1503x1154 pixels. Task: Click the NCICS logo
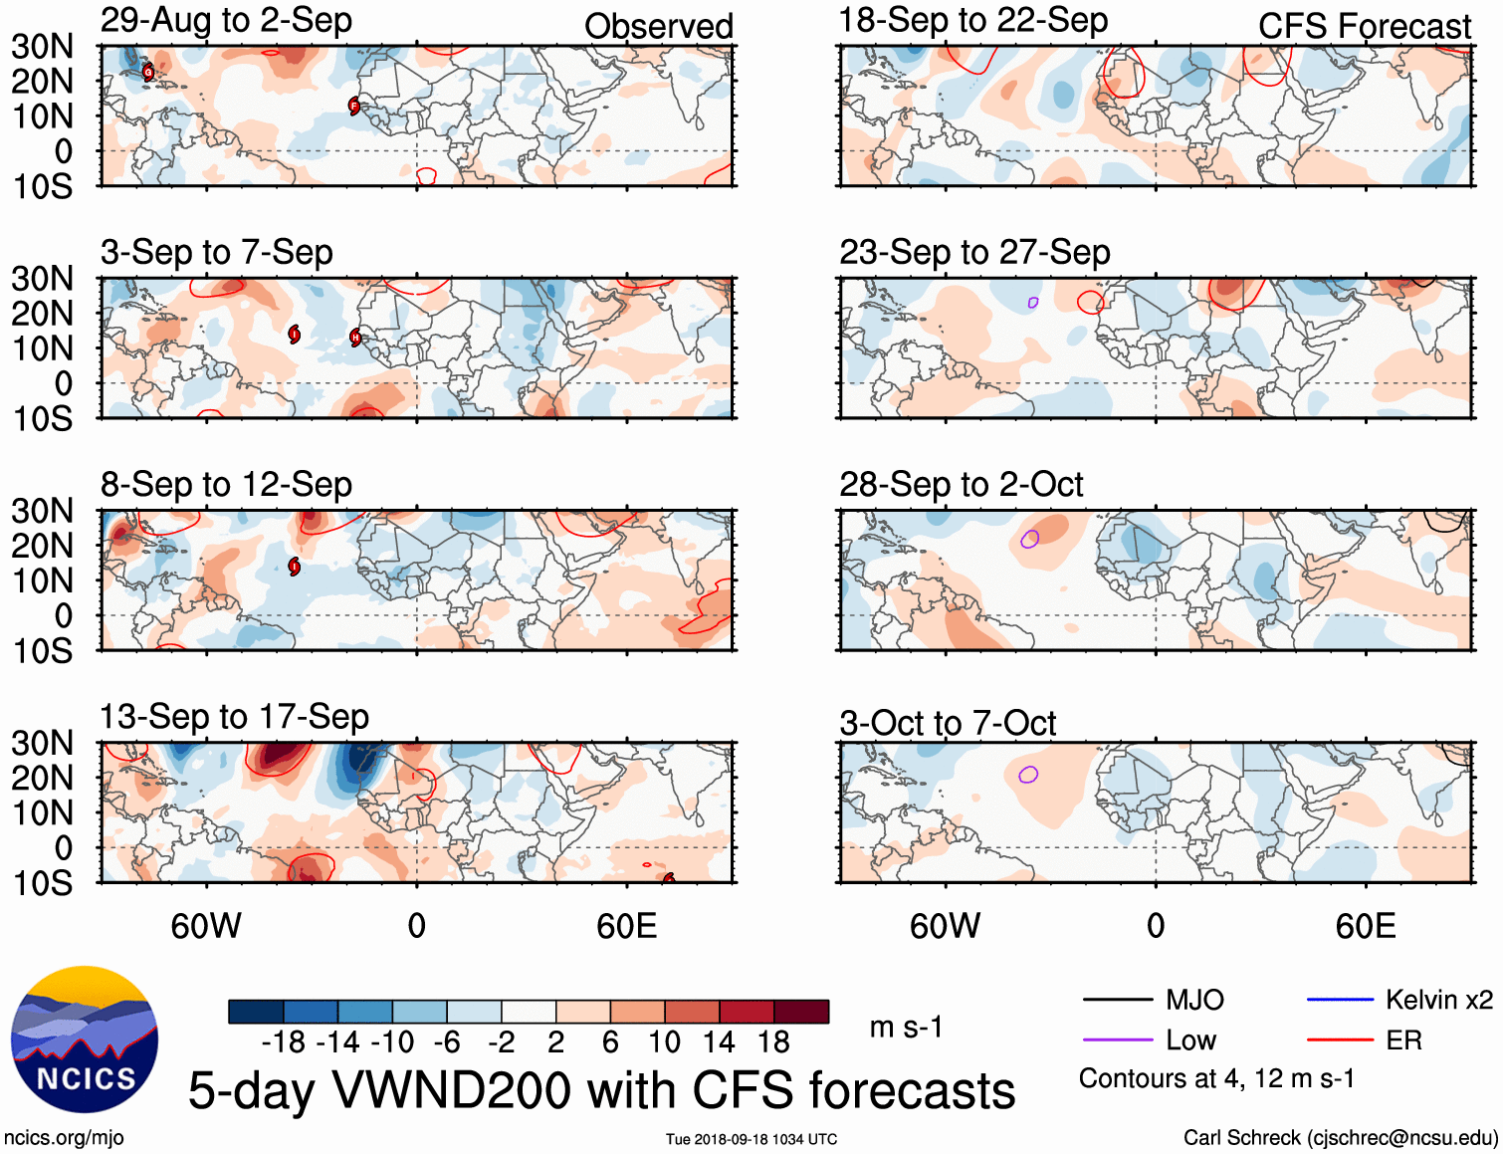85,1039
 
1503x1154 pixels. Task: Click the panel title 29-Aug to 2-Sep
226,20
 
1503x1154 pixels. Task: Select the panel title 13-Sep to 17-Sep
234,717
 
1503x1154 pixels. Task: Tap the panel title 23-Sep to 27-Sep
974,253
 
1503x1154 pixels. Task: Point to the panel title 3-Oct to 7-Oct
948,723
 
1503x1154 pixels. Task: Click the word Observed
658,26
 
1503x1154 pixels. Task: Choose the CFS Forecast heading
1364,26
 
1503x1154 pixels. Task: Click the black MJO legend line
1117,1000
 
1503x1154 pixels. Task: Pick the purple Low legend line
1117,1040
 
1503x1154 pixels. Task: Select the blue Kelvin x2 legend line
1340,1000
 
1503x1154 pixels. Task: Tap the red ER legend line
1340,1040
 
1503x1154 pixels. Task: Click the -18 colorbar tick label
283,1042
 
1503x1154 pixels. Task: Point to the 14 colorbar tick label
718,1042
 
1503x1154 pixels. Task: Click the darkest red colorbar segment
801,1012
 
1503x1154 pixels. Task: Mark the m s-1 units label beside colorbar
906,1027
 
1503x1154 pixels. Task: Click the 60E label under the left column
626,926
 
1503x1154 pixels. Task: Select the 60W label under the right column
945,926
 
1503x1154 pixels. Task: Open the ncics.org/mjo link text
64,1138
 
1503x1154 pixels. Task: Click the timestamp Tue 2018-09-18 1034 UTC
751,1139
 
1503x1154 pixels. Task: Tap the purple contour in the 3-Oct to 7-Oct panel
1029,774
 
